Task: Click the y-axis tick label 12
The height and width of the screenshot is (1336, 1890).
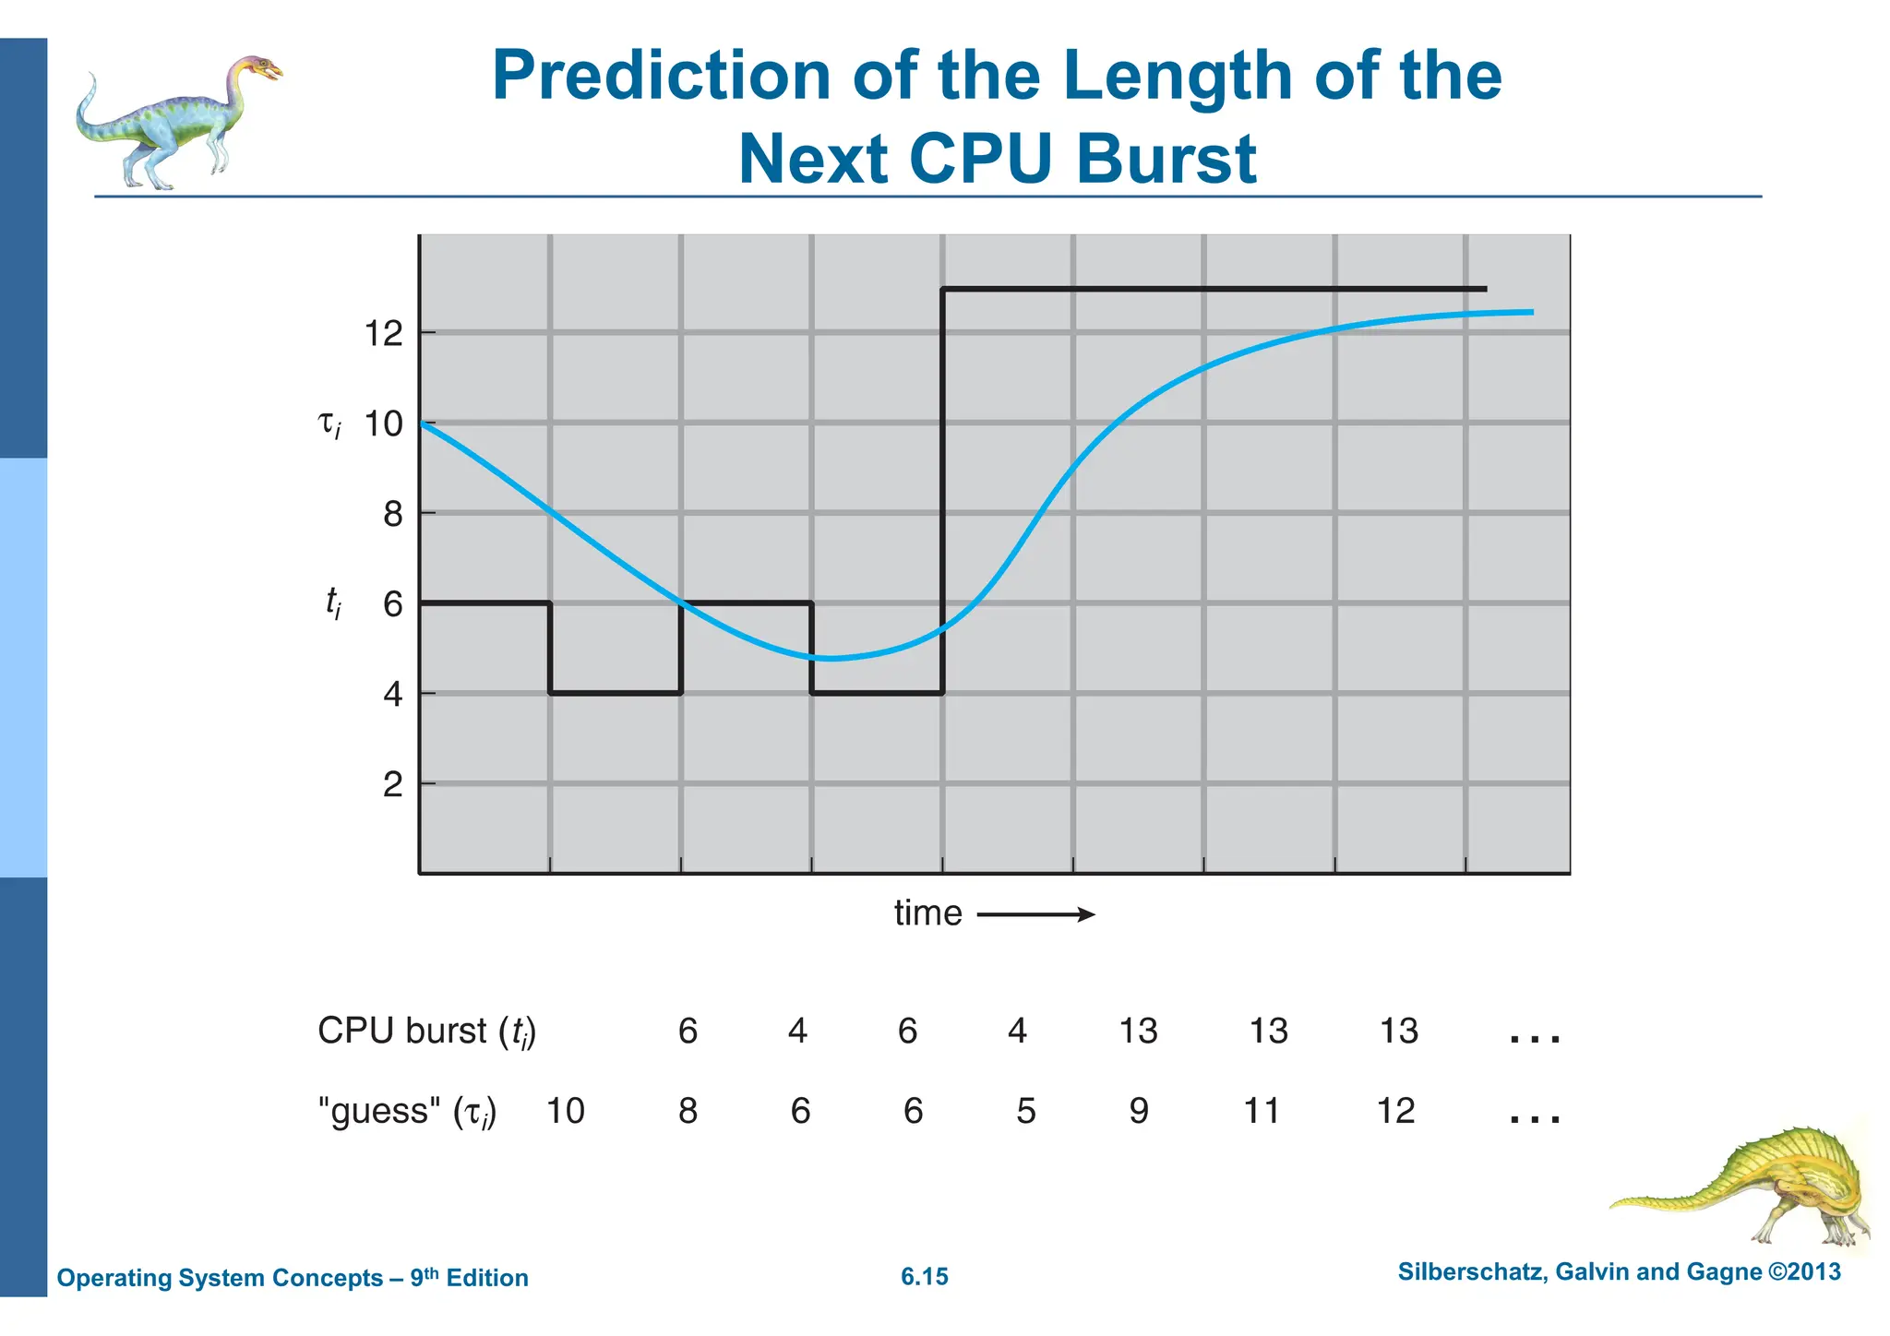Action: coord(384,334)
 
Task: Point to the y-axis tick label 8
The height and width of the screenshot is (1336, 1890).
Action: coord(393,514)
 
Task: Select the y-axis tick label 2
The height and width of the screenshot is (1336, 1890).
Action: coord(393,785)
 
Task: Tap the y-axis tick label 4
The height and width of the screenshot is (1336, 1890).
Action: coord(393,694)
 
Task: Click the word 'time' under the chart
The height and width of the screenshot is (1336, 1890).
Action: coord(927,913)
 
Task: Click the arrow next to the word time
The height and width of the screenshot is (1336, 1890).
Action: coord(1035,915)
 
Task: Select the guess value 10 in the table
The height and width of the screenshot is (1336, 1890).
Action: coord(566,1111)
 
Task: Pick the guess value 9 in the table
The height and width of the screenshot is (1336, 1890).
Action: coord(1139,1111)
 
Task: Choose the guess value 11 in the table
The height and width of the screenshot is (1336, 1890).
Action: coord(1262,1111)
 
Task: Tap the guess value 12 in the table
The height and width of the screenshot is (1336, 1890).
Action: coord(1395,1111)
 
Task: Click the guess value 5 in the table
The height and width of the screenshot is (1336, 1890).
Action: coord(1026,1111)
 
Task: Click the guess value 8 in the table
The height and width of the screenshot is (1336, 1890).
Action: coord(688,1111)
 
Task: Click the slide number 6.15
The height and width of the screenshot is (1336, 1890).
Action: coord(925,1277)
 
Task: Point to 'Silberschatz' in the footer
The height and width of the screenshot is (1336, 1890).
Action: coord(1472,1272)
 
